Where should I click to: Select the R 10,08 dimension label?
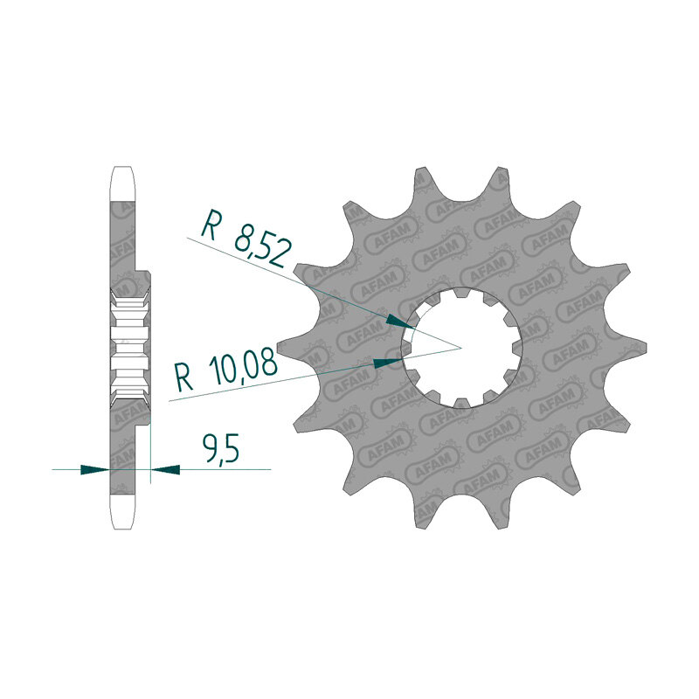pyautogui.click(x=226, y=372)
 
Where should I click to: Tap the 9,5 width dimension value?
pyautogui.click(x=220, y=449)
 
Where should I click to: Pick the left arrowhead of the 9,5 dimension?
pyautogui.click(x=94, y=469)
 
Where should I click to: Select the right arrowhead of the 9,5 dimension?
pyautogui.click(x=165, y=469)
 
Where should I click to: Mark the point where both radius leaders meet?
pyautogui.click(x=461, y=348)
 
